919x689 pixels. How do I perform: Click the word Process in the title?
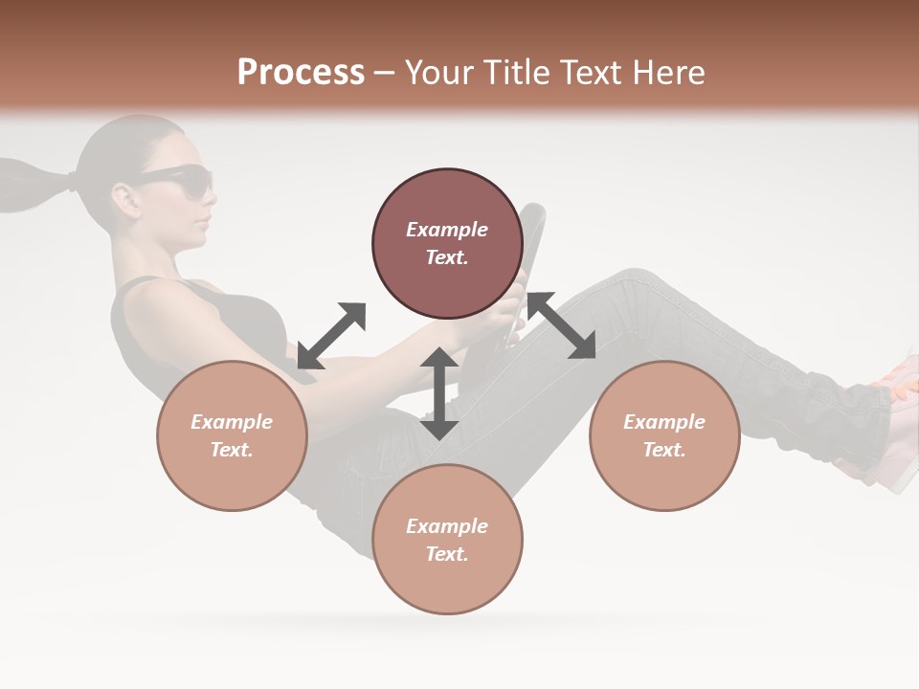[301, 73]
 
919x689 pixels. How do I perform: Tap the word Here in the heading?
[667, 73]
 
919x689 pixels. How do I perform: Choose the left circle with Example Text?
[232, 435]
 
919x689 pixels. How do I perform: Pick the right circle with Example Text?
[664, 435]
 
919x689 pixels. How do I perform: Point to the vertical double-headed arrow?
[439, 393]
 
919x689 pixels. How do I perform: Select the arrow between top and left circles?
[331, 335]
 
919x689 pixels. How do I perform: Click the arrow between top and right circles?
[561, 325]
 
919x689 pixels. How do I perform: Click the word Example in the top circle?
[447, 230]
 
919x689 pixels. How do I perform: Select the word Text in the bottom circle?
[447, 554]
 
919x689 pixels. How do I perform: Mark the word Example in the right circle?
[664, 422]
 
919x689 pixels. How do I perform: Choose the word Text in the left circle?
[232, 450]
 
